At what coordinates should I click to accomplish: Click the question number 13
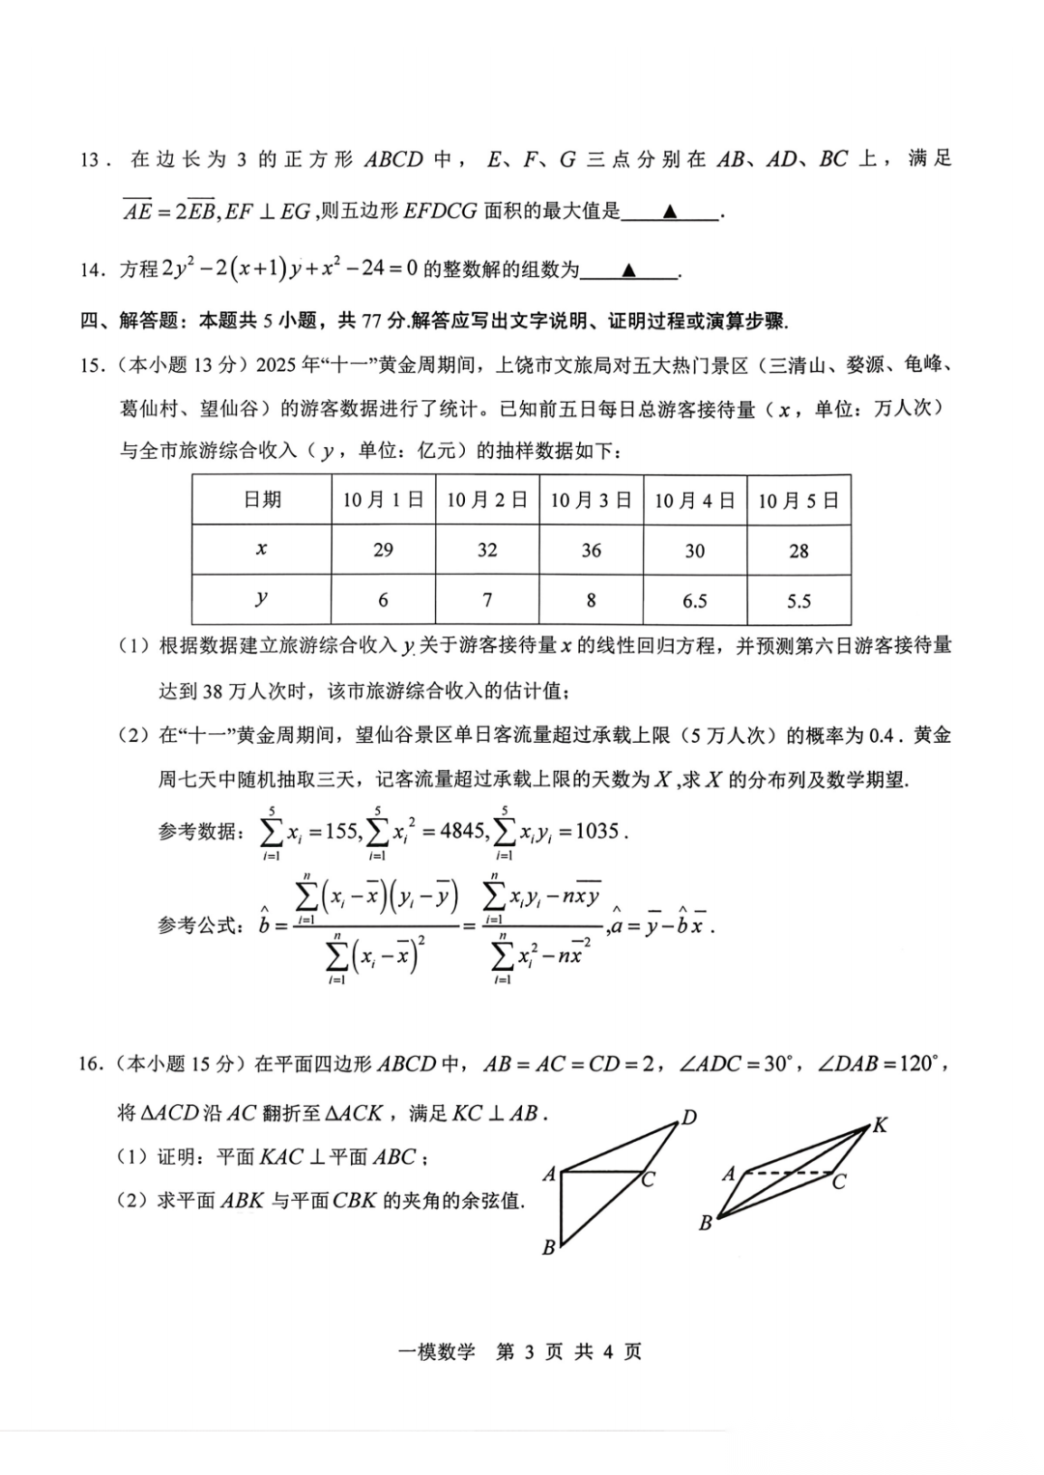click(90, 159)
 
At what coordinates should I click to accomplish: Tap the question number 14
click(90, 269)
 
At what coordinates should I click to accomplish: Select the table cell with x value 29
click(383, 550)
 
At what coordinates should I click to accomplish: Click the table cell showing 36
click(591, 550)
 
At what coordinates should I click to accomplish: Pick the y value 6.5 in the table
click(694, 601)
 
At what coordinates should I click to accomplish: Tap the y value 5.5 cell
click(798, 601)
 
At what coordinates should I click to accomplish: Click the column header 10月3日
click(591, 499)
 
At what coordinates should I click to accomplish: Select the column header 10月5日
click(798, 499)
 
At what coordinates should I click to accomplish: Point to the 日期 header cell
click(261, 499)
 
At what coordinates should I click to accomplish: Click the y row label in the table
click(261, 599)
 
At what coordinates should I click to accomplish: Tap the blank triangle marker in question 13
click(670, 212)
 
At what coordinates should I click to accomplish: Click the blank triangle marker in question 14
click(629, 270)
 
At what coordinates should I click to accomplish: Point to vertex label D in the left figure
click(689, 1118)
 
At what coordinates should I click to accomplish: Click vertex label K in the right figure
click(880, 1124)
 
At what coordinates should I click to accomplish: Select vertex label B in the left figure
click(549, 1247)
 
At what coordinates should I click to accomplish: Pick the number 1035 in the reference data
click(596, 830)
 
